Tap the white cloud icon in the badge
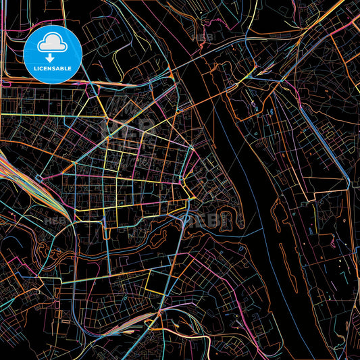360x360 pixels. click(x=53, y=44)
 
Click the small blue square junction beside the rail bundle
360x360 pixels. click(x=39, y=178)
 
